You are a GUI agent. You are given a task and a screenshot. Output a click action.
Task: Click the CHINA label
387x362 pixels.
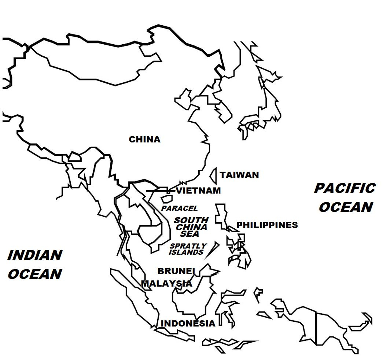(x=144, y=139)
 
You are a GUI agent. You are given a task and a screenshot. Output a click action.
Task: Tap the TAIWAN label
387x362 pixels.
(x=239, y=175)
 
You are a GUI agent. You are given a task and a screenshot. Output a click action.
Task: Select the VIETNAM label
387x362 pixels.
(x=198, y=191)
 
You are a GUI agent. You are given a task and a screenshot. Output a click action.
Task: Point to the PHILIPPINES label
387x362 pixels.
(x=267, y=225)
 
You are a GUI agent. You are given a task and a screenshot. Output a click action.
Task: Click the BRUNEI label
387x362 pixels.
(x=175, y=271)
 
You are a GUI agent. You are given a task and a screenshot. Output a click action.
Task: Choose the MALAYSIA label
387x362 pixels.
(x=167, y=283)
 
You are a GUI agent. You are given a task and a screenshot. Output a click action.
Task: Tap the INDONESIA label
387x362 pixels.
(x=188, y=323)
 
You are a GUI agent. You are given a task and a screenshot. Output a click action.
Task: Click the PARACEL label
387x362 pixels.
(x=180, y=208)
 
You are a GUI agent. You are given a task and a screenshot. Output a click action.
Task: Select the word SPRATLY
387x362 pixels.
(x=188, y=246)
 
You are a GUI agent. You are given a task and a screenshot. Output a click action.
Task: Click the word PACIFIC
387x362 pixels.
(x=345, y=188)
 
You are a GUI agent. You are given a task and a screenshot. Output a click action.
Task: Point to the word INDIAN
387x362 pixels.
(x=35, y=255)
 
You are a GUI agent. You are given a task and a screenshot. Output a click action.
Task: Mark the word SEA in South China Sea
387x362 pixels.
(x=190, y=234)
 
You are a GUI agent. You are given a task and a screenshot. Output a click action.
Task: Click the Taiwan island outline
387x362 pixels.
(x=214, y=176)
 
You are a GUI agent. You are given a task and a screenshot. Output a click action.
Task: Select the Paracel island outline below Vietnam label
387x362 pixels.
(x=167, y=199)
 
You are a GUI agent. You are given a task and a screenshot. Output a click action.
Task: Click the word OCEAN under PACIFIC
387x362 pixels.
(x=346, y=207)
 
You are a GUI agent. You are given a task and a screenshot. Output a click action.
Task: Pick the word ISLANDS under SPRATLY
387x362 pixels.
(x=186, y=252)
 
